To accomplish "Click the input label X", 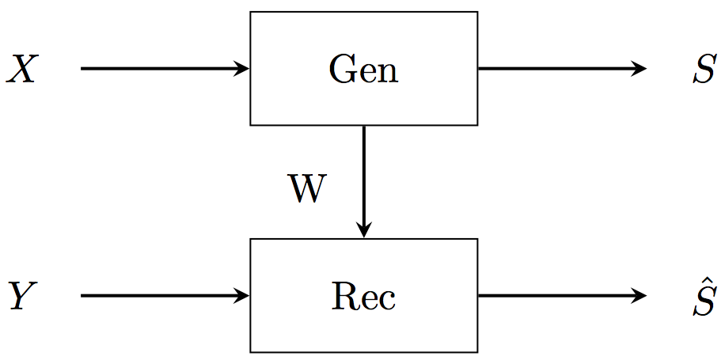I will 21,70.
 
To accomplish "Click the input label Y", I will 21,297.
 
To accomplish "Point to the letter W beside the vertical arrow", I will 306,191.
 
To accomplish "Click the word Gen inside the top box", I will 363,70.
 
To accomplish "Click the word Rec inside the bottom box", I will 363,297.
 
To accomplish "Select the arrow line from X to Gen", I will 158,69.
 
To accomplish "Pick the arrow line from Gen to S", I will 554,69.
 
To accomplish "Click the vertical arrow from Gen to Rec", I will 363,174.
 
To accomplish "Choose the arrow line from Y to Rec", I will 158,296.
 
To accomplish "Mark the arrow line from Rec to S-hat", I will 554,296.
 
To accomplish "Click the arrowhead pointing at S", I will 641,69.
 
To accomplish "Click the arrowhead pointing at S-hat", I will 641,296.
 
